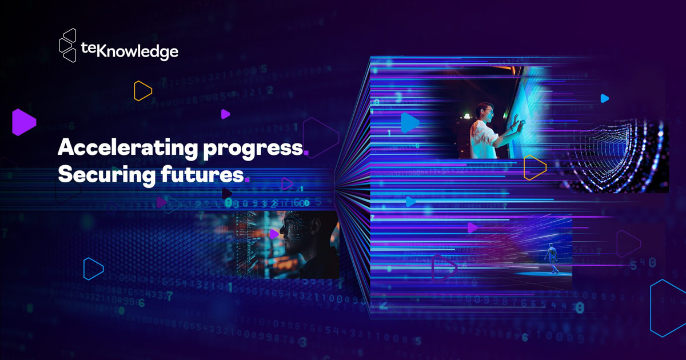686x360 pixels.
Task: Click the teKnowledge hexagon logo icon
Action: coord(68,45)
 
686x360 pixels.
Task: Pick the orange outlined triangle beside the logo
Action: coord(142,91)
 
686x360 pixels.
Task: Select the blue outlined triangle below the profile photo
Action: coord(93,269)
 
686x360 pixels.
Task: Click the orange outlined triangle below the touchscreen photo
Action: coord(534,167)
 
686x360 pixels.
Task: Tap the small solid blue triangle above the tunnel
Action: coord(604,98)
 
